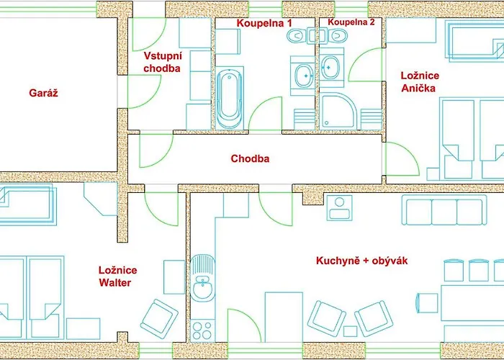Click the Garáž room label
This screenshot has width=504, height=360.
point(43,93)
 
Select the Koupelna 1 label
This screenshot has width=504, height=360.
point(266,23)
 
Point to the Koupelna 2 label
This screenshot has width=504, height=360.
point(351,22)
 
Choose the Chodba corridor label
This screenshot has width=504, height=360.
point(250,158)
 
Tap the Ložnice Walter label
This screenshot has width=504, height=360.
point(117,276)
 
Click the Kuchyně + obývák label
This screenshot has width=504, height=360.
point(361,261)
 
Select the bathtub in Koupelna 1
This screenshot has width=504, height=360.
point(230,98)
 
